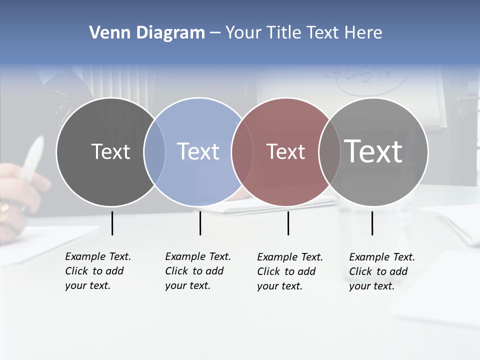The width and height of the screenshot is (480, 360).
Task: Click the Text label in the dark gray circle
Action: tap(110, 151)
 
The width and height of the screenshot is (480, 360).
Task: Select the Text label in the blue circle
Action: tap(198, 151)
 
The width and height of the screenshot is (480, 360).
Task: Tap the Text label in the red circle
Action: tap(286, 152)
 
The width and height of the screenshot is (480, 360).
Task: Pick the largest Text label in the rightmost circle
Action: tap(373, 151)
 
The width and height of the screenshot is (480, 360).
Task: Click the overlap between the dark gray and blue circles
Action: tap(154, 152)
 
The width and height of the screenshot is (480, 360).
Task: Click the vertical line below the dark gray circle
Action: tap(112, 223)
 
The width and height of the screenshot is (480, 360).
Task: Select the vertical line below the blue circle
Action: tap(200, 223)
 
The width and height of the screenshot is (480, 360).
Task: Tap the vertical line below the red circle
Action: tap(288, 223)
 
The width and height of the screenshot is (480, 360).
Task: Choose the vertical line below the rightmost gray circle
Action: tap(372, 223)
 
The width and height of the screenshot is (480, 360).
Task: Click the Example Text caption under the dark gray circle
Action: tap(97, 271)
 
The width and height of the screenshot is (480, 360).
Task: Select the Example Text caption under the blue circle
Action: tap(197, 271)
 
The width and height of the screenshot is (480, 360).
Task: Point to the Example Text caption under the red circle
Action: tap(289, 271)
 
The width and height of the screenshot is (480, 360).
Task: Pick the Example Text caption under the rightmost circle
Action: tap(381, 271)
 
